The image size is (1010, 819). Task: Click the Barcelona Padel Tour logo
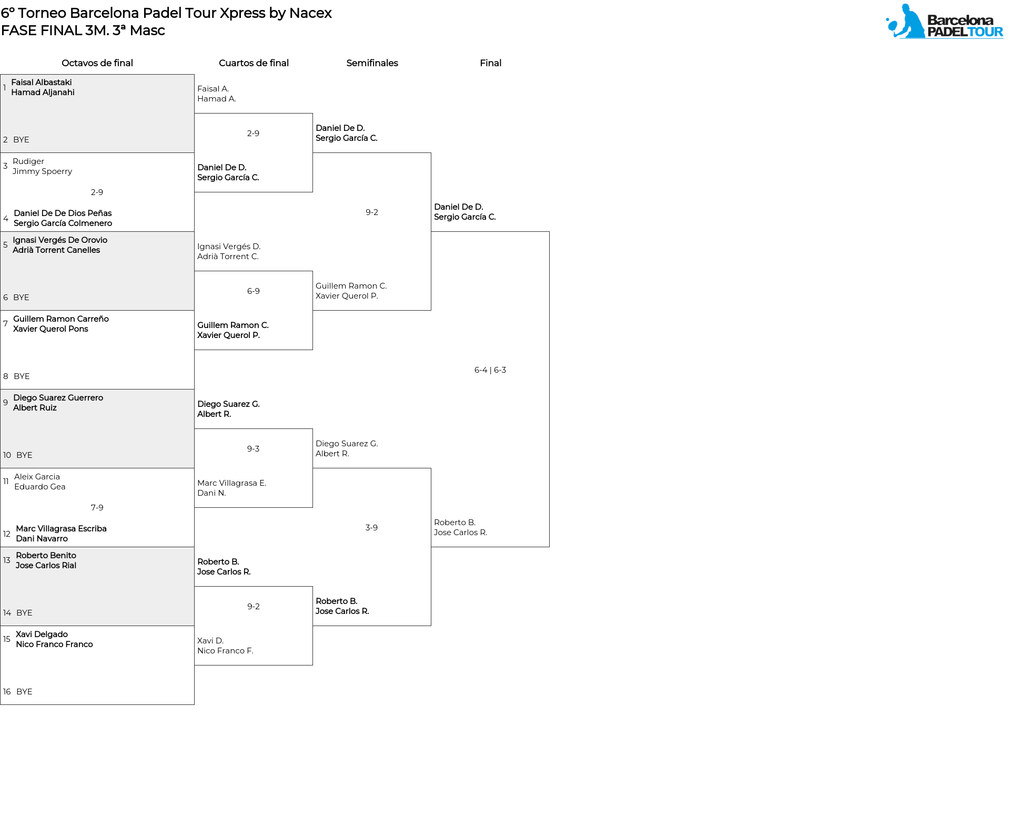pyautogui.click(x=944, y=21)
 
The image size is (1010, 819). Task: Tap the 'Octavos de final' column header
pyautogui.click(x=97, y=63)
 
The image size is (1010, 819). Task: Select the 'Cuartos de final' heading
pyautogui.click(x=254, y=63)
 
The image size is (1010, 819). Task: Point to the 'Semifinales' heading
pyautogui.click(x=372, y=63)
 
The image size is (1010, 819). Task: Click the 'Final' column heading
pyautogui.click(x=490, y=63)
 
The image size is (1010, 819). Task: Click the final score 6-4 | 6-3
pyautogui.click(x=490, y=370)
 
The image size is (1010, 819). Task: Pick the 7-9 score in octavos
pyautogui.click(x=97, y=508)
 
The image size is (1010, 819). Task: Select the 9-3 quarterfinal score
pyautogui.click(x=253, y=449)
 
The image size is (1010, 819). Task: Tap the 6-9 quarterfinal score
pyautogui.click(x=253, y=291)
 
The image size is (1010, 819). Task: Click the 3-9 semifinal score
pyautogui.click(x=371, y=528)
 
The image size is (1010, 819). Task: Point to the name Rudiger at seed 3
pyautogui.click(x=28, y=161)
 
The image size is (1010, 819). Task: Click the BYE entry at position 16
pyautogui.click(x=24, y=692)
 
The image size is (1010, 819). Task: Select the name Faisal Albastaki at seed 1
pyautogui.click(x=42, y=83)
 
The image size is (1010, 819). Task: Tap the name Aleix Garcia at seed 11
pyautogui.click(x=37, y=477)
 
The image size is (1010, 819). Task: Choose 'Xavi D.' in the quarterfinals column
pyautogui.click(x=210, y=641)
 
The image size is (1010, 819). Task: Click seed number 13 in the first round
pyautogui.click(x=7, y=560)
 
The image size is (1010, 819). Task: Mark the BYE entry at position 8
pyautogui.click(x=22, y=376)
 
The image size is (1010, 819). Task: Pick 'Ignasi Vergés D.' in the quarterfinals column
pyautogui.click(x=229, y=247)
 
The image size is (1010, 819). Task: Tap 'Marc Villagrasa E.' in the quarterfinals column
pyautogui.click(x=231, y=483)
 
